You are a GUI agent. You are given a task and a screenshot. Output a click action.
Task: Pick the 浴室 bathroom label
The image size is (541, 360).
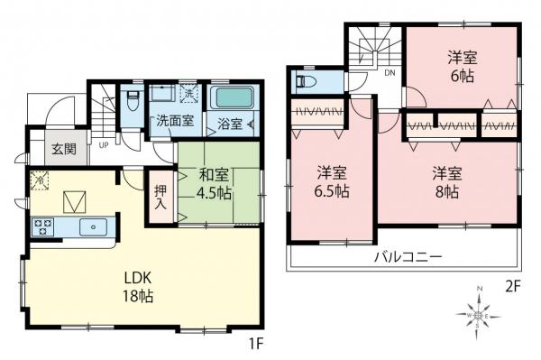click(229, 124)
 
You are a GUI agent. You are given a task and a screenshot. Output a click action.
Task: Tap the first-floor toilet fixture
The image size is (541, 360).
click(132, 95)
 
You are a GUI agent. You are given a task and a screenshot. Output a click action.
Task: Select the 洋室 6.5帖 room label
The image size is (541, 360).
click(331, 181)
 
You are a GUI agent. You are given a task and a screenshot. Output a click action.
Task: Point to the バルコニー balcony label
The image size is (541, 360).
click(408, 257)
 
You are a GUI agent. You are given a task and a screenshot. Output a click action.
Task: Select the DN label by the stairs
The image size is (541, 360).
click(390, 72)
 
